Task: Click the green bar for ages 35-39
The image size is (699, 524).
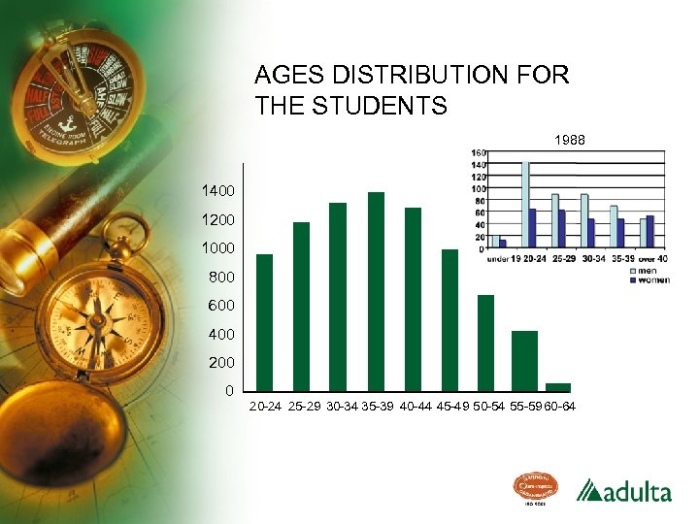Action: pyautogui.click(x=376, y=291)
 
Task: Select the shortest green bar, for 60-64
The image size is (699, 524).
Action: pyautogui.click(x=558, y=387)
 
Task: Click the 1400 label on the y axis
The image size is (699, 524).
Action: pyautogui.click(x=216, y=190)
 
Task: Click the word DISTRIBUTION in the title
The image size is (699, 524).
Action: pyautogui.click(x=428, y=75)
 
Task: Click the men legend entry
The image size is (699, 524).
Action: pyautogui.click(x=646, y=271)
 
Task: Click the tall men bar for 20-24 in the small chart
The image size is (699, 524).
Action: pyautogui.click(x=525, y=204)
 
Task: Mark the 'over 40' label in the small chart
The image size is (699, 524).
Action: pyautogui.click(x=652, y=258)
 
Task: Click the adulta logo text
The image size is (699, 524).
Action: pyautogui.click(x=635, y=491)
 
